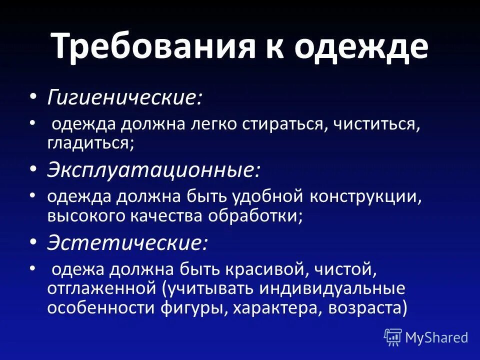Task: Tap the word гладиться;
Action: click(x=90, y=143)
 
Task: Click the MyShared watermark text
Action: click(x=436, y=337)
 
